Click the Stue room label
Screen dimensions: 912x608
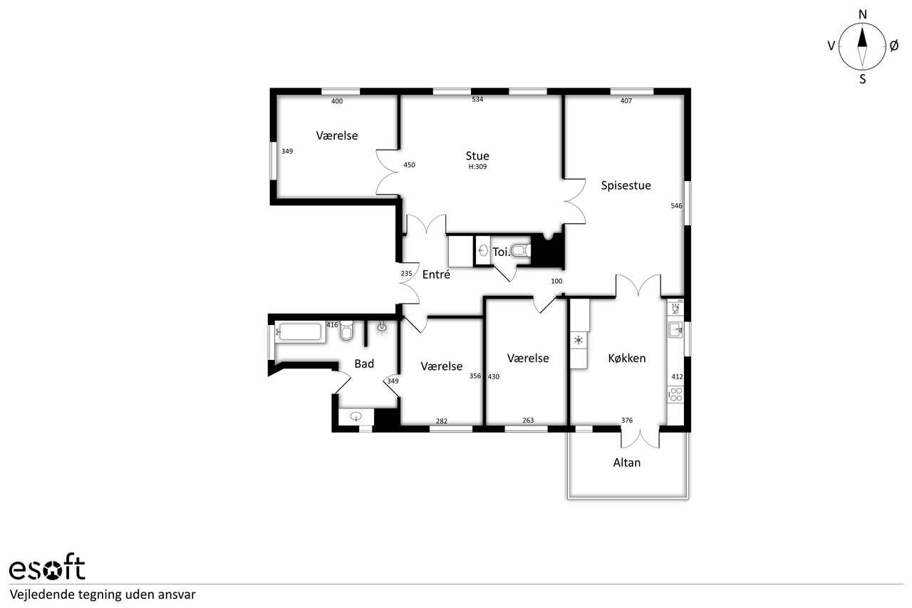[477, 156]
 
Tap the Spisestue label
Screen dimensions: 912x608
[626, 186]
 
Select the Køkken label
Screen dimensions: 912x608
[626, 359]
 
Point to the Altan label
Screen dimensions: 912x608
[626, 463]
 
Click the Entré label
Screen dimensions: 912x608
[436, 274]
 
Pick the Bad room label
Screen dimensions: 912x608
[364, 364]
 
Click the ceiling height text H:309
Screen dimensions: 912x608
[477, 167]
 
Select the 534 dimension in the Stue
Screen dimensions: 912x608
[477, 99]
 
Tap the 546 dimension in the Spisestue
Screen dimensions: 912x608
[676, 206]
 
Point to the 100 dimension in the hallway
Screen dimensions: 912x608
[556, 282]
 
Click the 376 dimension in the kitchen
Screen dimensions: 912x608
[626, 421]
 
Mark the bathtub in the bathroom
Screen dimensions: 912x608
[301, 332]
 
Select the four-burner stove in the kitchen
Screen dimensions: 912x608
[676, 395]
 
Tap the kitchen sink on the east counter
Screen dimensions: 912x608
[675, 330]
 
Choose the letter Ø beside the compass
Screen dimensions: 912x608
[894, 46]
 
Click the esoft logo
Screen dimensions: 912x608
[47, 567]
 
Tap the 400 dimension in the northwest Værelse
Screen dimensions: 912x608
[337, 101]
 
